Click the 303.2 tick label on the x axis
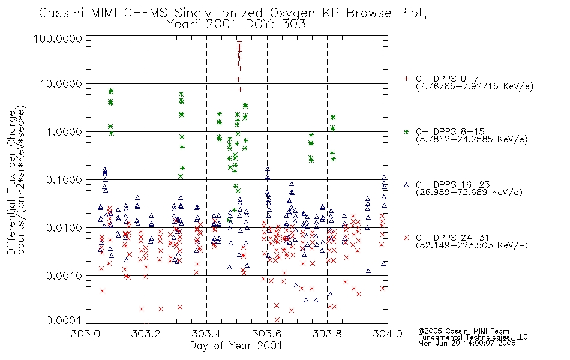pos(146,334)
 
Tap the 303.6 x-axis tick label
pos(267,334)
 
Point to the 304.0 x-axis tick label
pos(388,334)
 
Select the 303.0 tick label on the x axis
pos(86,334)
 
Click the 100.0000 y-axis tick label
pos(58,38)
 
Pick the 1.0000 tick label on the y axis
pos(64,131)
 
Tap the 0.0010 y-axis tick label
pos(64,276)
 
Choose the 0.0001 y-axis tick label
pos(64,320)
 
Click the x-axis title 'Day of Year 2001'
pos(236,346)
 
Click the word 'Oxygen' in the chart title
pos(292,13)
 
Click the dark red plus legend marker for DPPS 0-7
pos(406,79)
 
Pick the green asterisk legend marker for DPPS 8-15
pos(406,131)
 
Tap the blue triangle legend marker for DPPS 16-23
pos(406,185)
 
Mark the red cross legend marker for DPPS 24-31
pos(406,238)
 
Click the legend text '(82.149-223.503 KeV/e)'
pos(472,245)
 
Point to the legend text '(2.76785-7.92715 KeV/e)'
pos(475,86)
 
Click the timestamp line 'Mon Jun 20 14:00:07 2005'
pos(467,343)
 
